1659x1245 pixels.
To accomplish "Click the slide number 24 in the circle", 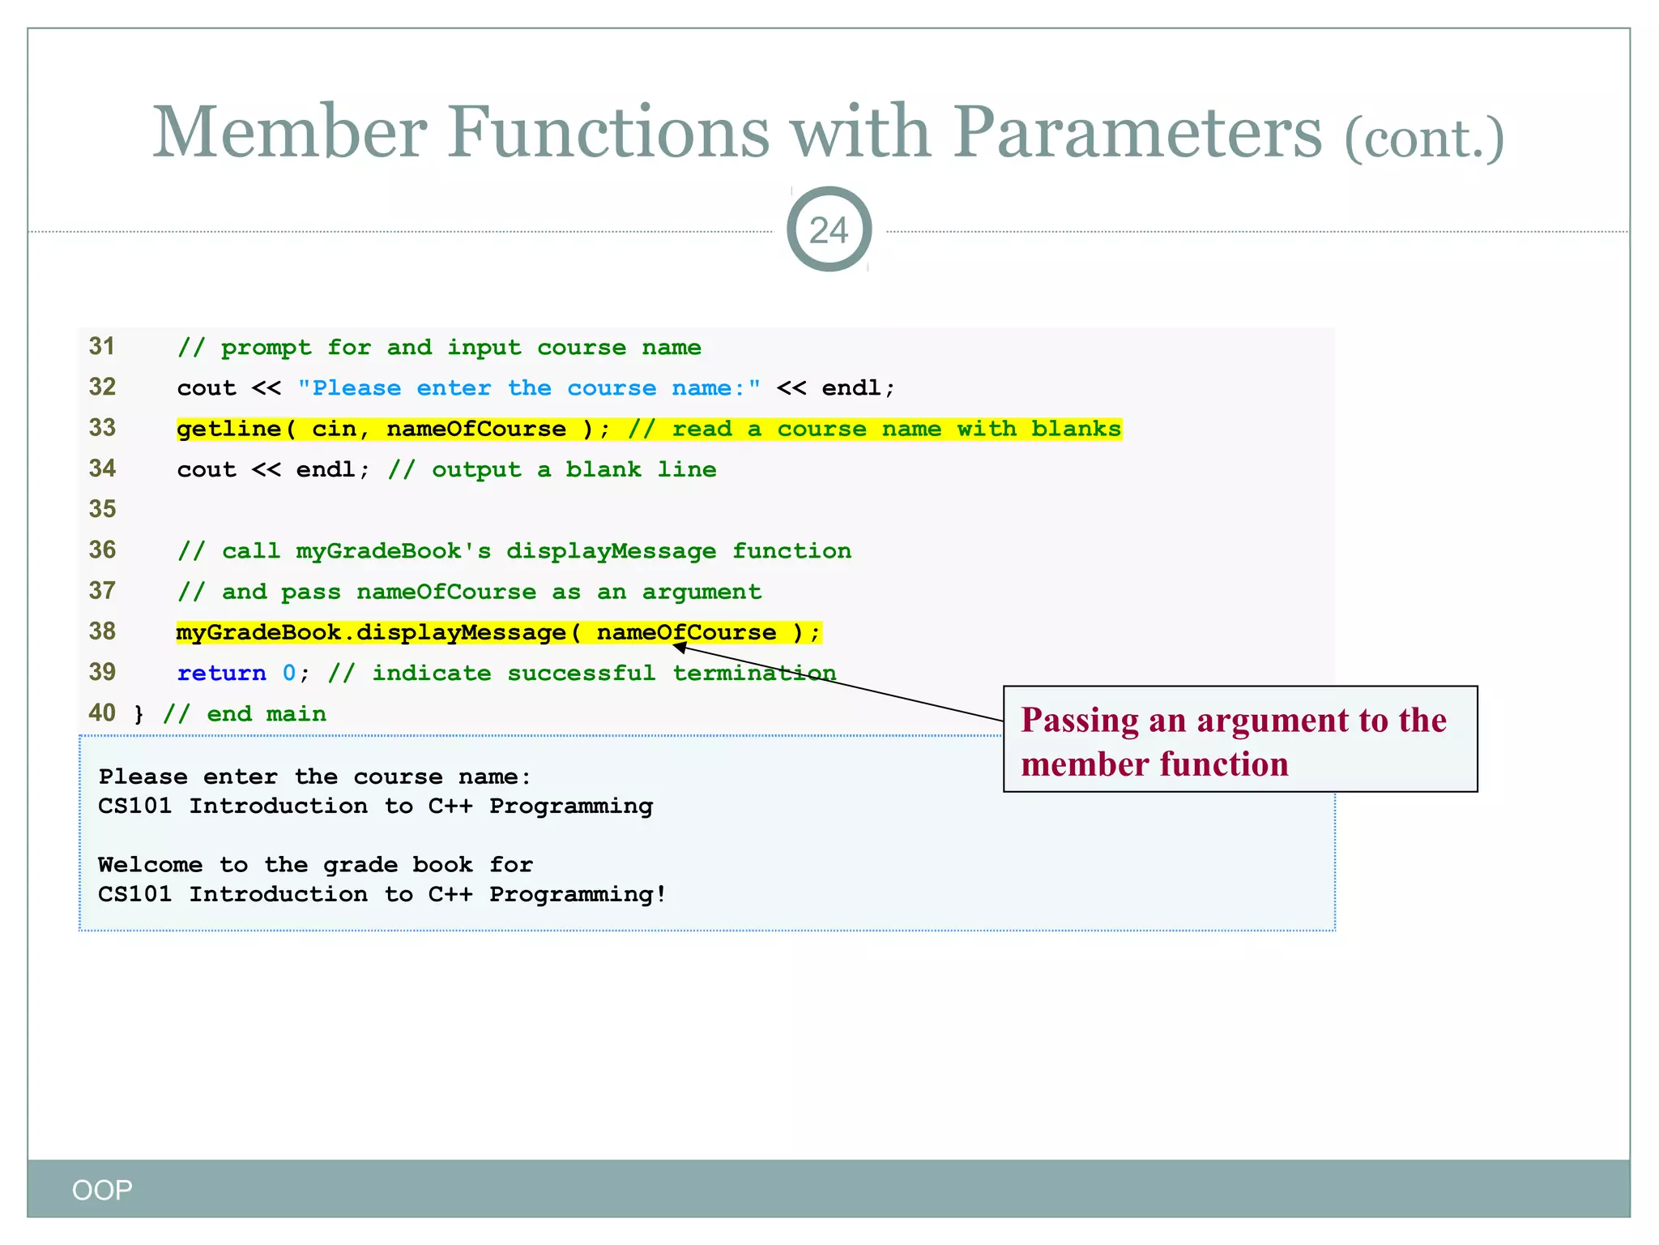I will click(829, 230).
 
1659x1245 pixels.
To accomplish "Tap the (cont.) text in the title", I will click(1424, 139).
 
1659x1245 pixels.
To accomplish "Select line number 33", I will click(103, 428).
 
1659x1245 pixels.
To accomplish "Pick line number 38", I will click(103, 631).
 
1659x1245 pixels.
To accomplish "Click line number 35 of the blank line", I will click(103, 509).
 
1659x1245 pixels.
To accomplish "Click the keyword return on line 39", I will click(221, 673).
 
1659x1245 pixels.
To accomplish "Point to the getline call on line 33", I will click(229, 429).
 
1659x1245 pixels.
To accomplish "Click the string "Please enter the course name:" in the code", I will click(529, 388).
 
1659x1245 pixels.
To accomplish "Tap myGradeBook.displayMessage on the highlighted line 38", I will click(371, 632).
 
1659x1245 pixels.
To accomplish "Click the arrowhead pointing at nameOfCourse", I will click(680, 647).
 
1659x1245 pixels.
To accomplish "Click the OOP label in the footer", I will click(102, 1190).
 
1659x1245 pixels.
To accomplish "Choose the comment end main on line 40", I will click(245, 714).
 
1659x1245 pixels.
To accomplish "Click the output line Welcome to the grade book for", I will click(315, 865).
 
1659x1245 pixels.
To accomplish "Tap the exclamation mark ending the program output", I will click(661, 894).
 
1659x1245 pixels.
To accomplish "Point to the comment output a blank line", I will click(552, 470).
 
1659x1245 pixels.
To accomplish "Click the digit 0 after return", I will click(289, 673).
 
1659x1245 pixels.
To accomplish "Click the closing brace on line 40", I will click(139, 714).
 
